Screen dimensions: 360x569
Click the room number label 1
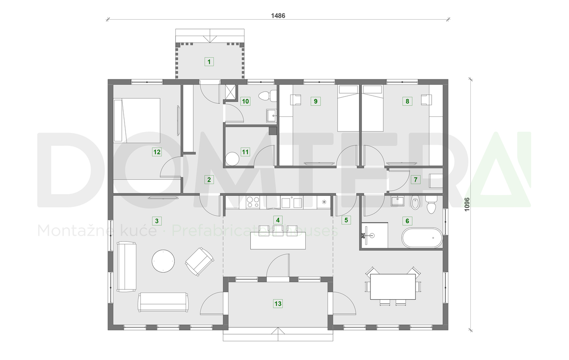[x=209, y=62]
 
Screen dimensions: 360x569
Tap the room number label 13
[x=278, y=304]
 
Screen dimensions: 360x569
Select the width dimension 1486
[x=278, y=15]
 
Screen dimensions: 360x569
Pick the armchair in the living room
[x=199, y=261]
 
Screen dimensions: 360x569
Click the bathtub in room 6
[x=422, y=238]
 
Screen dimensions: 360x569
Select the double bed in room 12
[x=137, y=120]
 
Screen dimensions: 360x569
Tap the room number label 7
[x=415, y=180]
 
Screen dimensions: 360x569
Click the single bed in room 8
[x=372, y=108]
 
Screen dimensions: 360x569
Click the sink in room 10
[x=271, y=115]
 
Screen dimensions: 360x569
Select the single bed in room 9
[x=348, y=108]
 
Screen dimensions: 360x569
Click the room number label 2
[x=208, y=180]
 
